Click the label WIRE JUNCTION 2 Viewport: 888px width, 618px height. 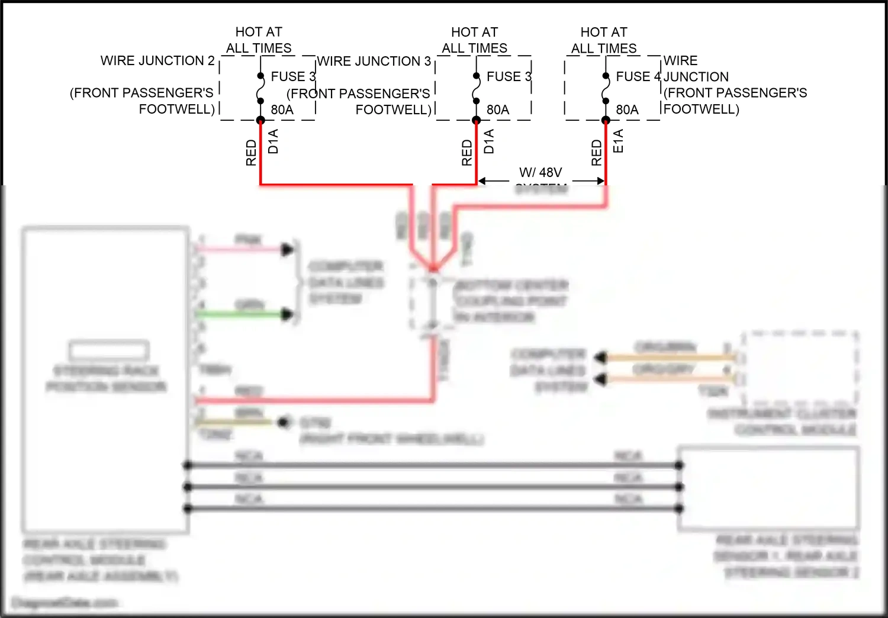point(157,60)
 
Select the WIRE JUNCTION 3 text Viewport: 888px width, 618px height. point(374,61)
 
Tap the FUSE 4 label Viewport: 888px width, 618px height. point(638,76)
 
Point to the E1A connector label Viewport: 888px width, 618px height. point(618,141)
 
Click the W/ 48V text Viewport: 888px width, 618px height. point(540,172)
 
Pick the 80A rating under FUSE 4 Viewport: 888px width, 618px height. point(627,110)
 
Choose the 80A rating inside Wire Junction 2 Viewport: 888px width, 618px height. point(282,110)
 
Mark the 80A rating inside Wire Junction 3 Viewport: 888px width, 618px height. point(498,110)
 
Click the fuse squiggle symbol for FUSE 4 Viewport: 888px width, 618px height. point(605,89)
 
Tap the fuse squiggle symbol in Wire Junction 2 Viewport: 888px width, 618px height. point(260,89)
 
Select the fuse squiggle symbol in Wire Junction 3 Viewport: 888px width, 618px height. point(476,89)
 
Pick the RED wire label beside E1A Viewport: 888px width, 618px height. point(596,153)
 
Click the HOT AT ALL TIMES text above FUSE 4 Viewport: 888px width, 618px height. point(604,40)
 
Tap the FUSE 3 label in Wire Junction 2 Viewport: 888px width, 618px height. point(292,76)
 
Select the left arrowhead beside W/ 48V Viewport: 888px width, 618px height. point(482,181)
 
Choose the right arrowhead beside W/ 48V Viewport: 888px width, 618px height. point(600,181)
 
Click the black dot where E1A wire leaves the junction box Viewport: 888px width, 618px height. point(606,121)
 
